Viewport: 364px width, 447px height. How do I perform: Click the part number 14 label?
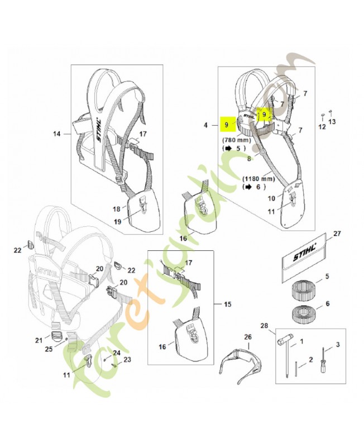(x=56, y=134)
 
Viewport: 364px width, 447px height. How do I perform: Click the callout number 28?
(x=264, y=326)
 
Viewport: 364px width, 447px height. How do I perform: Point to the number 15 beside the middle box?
(x=227, y=305)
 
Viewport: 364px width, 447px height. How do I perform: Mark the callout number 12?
(x=322, y=127)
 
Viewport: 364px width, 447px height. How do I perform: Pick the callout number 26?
(x=248, y=337)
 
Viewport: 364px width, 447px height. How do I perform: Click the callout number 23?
(x=127, y=360)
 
